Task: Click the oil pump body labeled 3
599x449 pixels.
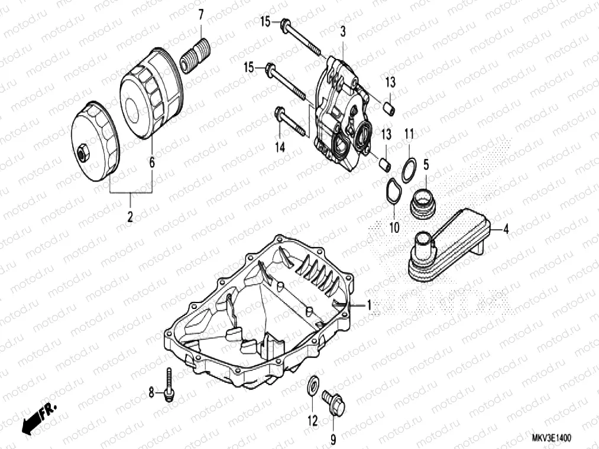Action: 339,115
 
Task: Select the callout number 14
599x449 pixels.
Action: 280,147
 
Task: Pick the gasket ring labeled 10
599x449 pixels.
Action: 390,194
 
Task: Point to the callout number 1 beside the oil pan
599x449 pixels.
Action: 368,305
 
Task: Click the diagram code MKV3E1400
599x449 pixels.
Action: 550,438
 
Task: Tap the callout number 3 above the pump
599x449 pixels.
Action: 342,32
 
